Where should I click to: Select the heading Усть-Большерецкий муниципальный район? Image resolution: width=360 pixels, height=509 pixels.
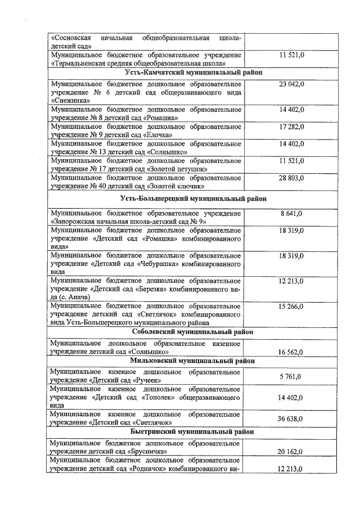tap(193, 199)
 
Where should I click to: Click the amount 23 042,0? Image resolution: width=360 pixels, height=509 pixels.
tap(291, 84)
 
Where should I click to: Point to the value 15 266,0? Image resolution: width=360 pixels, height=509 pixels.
tap(291, 306)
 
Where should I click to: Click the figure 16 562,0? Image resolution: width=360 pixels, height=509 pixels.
tap(291, 352)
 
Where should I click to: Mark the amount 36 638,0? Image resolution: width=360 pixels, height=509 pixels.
tap(291, 419)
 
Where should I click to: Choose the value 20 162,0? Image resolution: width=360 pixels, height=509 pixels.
tap(291, 452)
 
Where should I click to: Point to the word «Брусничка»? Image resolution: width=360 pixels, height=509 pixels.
tap(148, 451)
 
